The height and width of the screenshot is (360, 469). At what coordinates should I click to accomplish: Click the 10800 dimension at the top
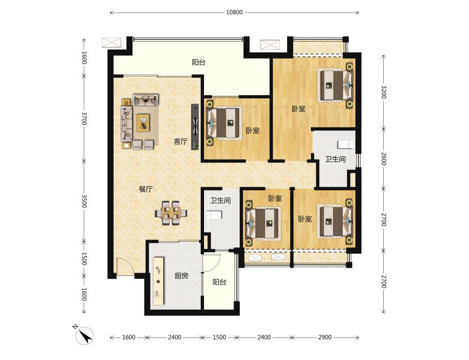(x=234, y=13)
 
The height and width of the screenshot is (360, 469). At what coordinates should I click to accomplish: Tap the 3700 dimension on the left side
(x=84, y=118)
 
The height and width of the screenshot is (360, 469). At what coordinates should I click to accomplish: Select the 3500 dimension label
(x=84, y=201)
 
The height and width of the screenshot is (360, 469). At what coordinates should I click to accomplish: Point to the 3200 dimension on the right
(x=384, y=92)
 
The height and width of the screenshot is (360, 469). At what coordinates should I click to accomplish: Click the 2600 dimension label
(x=384, y=159)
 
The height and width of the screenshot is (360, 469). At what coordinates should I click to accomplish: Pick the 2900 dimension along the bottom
(x=325, y=337)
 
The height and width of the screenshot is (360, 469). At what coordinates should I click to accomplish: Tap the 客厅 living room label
(x=181, y=141)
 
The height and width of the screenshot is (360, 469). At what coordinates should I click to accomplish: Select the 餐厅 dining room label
(x=146, y=189)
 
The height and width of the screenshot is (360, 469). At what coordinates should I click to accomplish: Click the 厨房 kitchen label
(x=181, y=276)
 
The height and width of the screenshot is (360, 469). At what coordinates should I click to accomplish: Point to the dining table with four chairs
(x=171, y=213)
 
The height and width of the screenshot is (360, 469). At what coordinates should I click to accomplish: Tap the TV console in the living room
(x=195, y=127)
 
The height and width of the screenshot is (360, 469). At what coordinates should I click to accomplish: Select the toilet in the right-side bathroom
(x=346, y=144)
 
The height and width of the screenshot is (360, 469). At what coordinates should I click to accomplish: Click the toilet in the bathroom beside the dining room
(x=214, y=215)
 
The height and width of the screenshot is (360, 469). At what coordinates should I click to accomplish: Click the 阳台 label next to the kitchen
(x=219, y=282)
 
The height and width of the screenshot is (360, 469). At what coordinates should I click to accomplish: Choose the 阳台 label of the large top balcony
(x=198, y=62)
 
